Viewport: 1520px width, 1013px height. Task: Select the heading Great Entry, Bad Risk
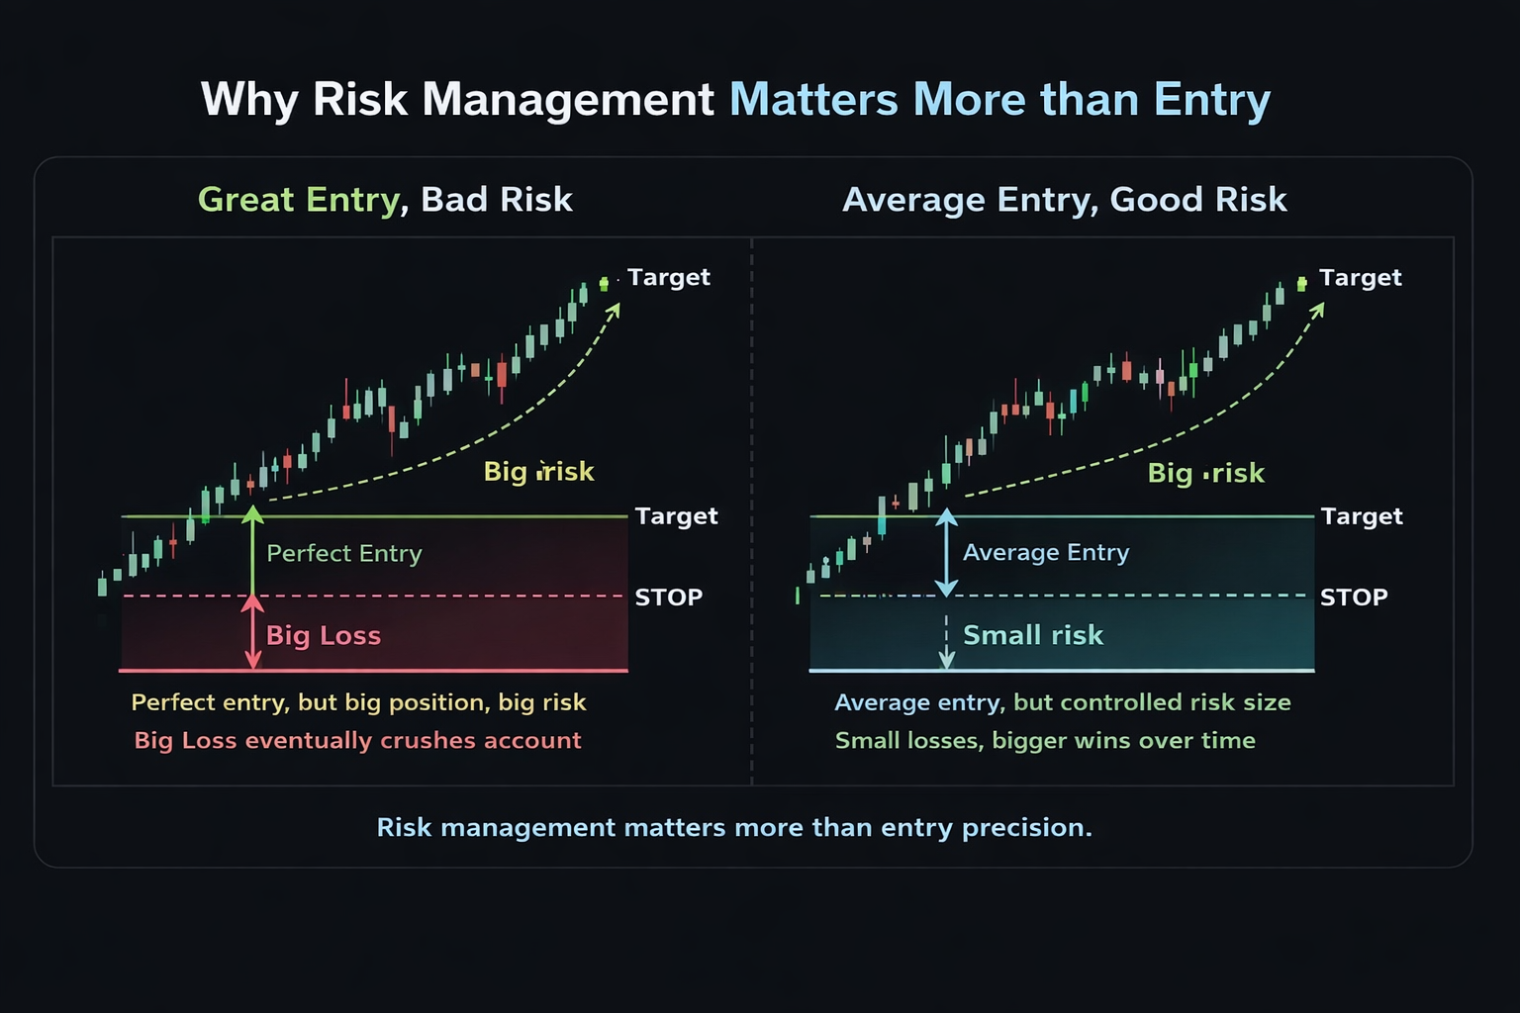385,200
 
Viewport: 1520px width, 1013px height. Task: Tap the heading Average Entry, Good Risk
1064,200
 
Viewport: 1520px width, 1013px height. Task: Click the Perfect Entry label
344,553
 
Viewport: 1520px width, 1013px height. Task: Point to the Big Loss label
324,635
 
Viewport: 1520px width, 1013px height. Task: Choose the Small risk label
1032,635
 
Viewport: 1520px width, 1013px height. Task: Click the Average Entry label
1045,552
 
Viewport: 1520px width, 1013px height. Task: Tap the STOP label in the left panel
668,598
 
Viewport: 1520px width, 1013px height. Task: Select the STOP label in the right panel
1353,598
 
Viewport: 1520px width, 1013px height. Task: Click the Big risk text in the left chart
538,471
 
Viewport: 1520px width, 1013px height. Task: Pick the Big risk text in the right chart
1205,473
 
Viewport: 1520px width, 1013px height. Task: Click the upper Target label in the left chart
668,277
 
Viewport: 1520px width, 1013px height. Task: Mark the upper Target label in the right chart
1360,278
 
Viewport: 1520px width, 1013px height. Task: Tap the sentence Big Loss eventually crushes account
357,741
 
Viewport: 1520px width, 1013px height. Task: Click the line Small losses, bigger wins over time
1044,741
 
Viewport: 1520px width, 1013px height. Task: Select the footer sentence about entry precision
734,827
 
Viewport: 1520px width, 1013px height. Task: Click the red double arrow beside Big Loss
253,633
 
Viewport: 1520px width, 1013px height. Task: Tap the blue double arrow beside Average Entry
947,552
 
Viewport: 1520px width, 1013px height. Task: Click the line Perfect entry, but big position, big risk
358,702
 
